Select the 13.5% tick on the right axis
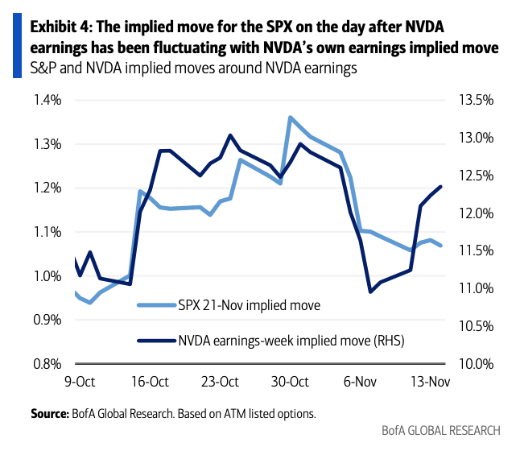pyautogui.click(x=474, y=100)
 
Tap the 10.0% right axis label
pyautogui.click(x=474, y=363)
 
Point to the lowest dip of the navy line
pyautogui.click(x=370, y=292)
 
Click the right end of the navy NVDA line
pyautogui.click(x=441, y=187)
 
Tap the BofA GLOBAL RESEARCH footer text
pyautogui.click(x=441, y=430)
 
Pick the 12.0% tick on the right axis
pyautogui.click(x=474, y=213)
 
